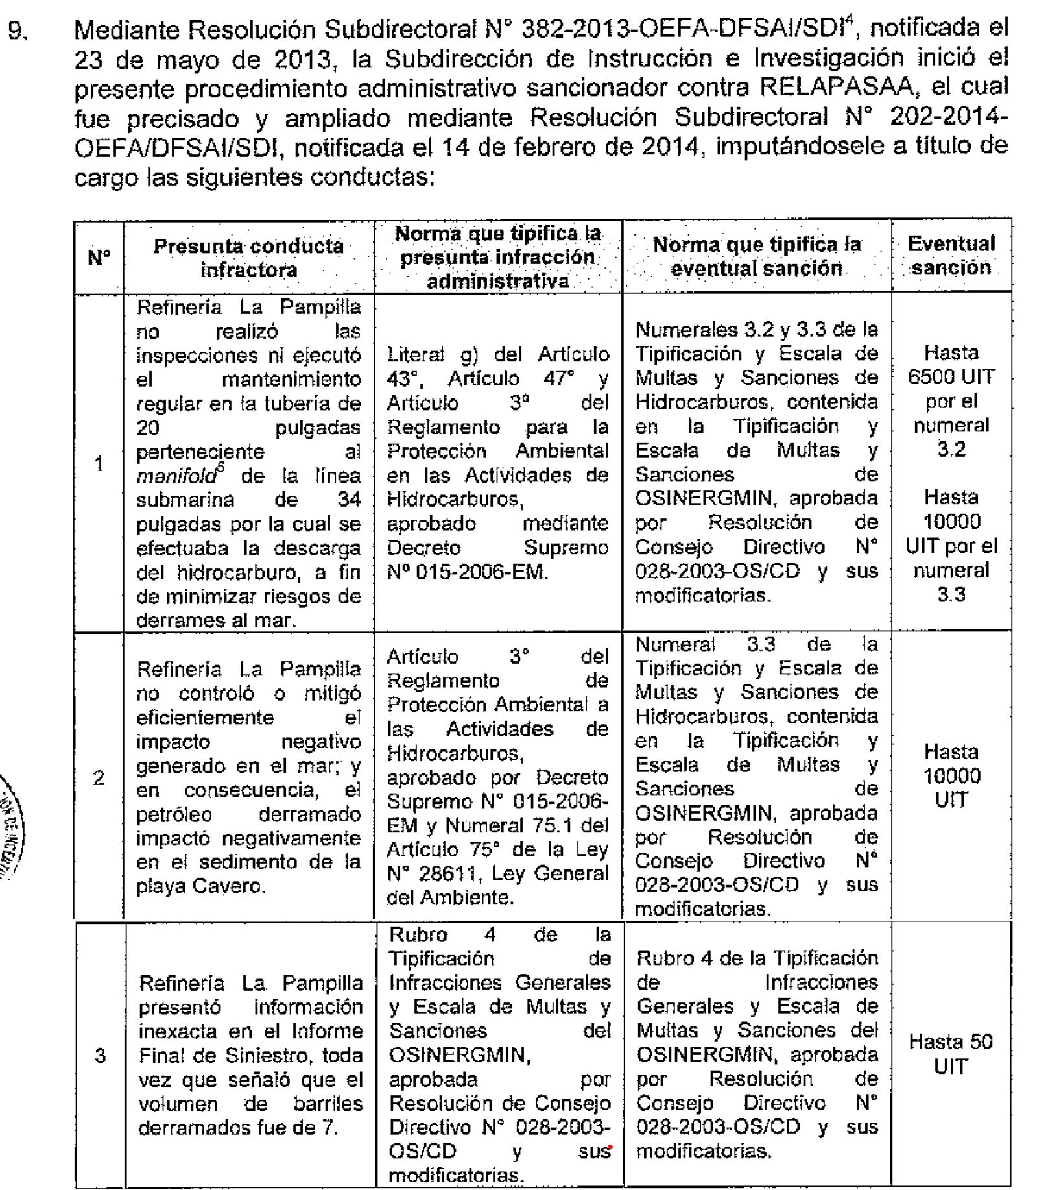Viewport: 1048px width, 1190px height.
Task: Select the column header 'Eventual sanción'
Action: (x=951, y=256)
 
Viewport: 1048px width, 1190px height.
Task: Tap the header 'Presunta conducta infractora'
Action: (x=248, y=258)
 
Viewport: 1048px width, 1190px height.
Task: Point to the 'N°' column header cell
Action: (x=99, y=258)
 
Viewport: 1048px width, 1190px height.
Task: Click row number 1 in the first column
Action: (x=99, y=464)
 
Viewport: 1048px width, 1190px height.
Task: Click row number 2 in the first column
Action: (x=99, y=777)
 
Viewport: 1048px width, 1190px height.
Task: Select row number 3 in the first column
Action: (x=100, y=1056)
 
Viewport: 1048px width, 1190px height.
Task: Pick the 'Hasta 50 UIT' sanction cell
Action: (x=950, y=1054)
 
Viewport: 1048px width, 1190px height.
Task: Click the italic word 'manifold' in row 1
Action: (x=176, y=476)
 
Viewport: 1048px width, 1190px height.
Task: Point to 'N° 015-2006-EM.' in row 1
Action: (x=468, y=572)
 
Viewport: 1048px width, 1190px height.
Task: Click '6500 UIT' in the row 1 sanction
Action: (x=951, y=377)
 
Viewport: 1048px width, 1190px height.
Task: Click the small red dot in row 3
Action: (x=611, y=1147)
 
